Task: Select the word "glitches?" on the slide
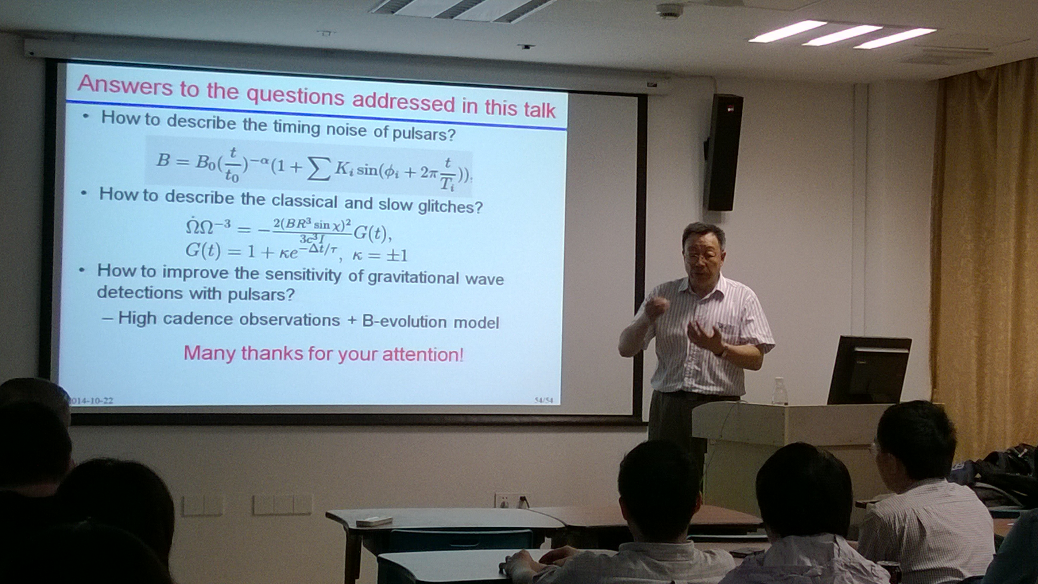click(450, 206)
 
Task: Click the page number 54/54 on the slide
click(544, 400)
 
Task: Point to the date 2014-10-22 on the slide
click(91, 401)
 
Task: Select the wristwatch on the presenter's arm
click(723, 352)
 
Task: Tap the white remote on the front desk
click(374, 521)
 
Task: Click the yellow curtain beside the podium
click(985, 258)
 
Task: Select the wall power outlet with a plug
click(513, 500)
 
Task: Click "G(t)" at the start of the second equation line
click(203, 251)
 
